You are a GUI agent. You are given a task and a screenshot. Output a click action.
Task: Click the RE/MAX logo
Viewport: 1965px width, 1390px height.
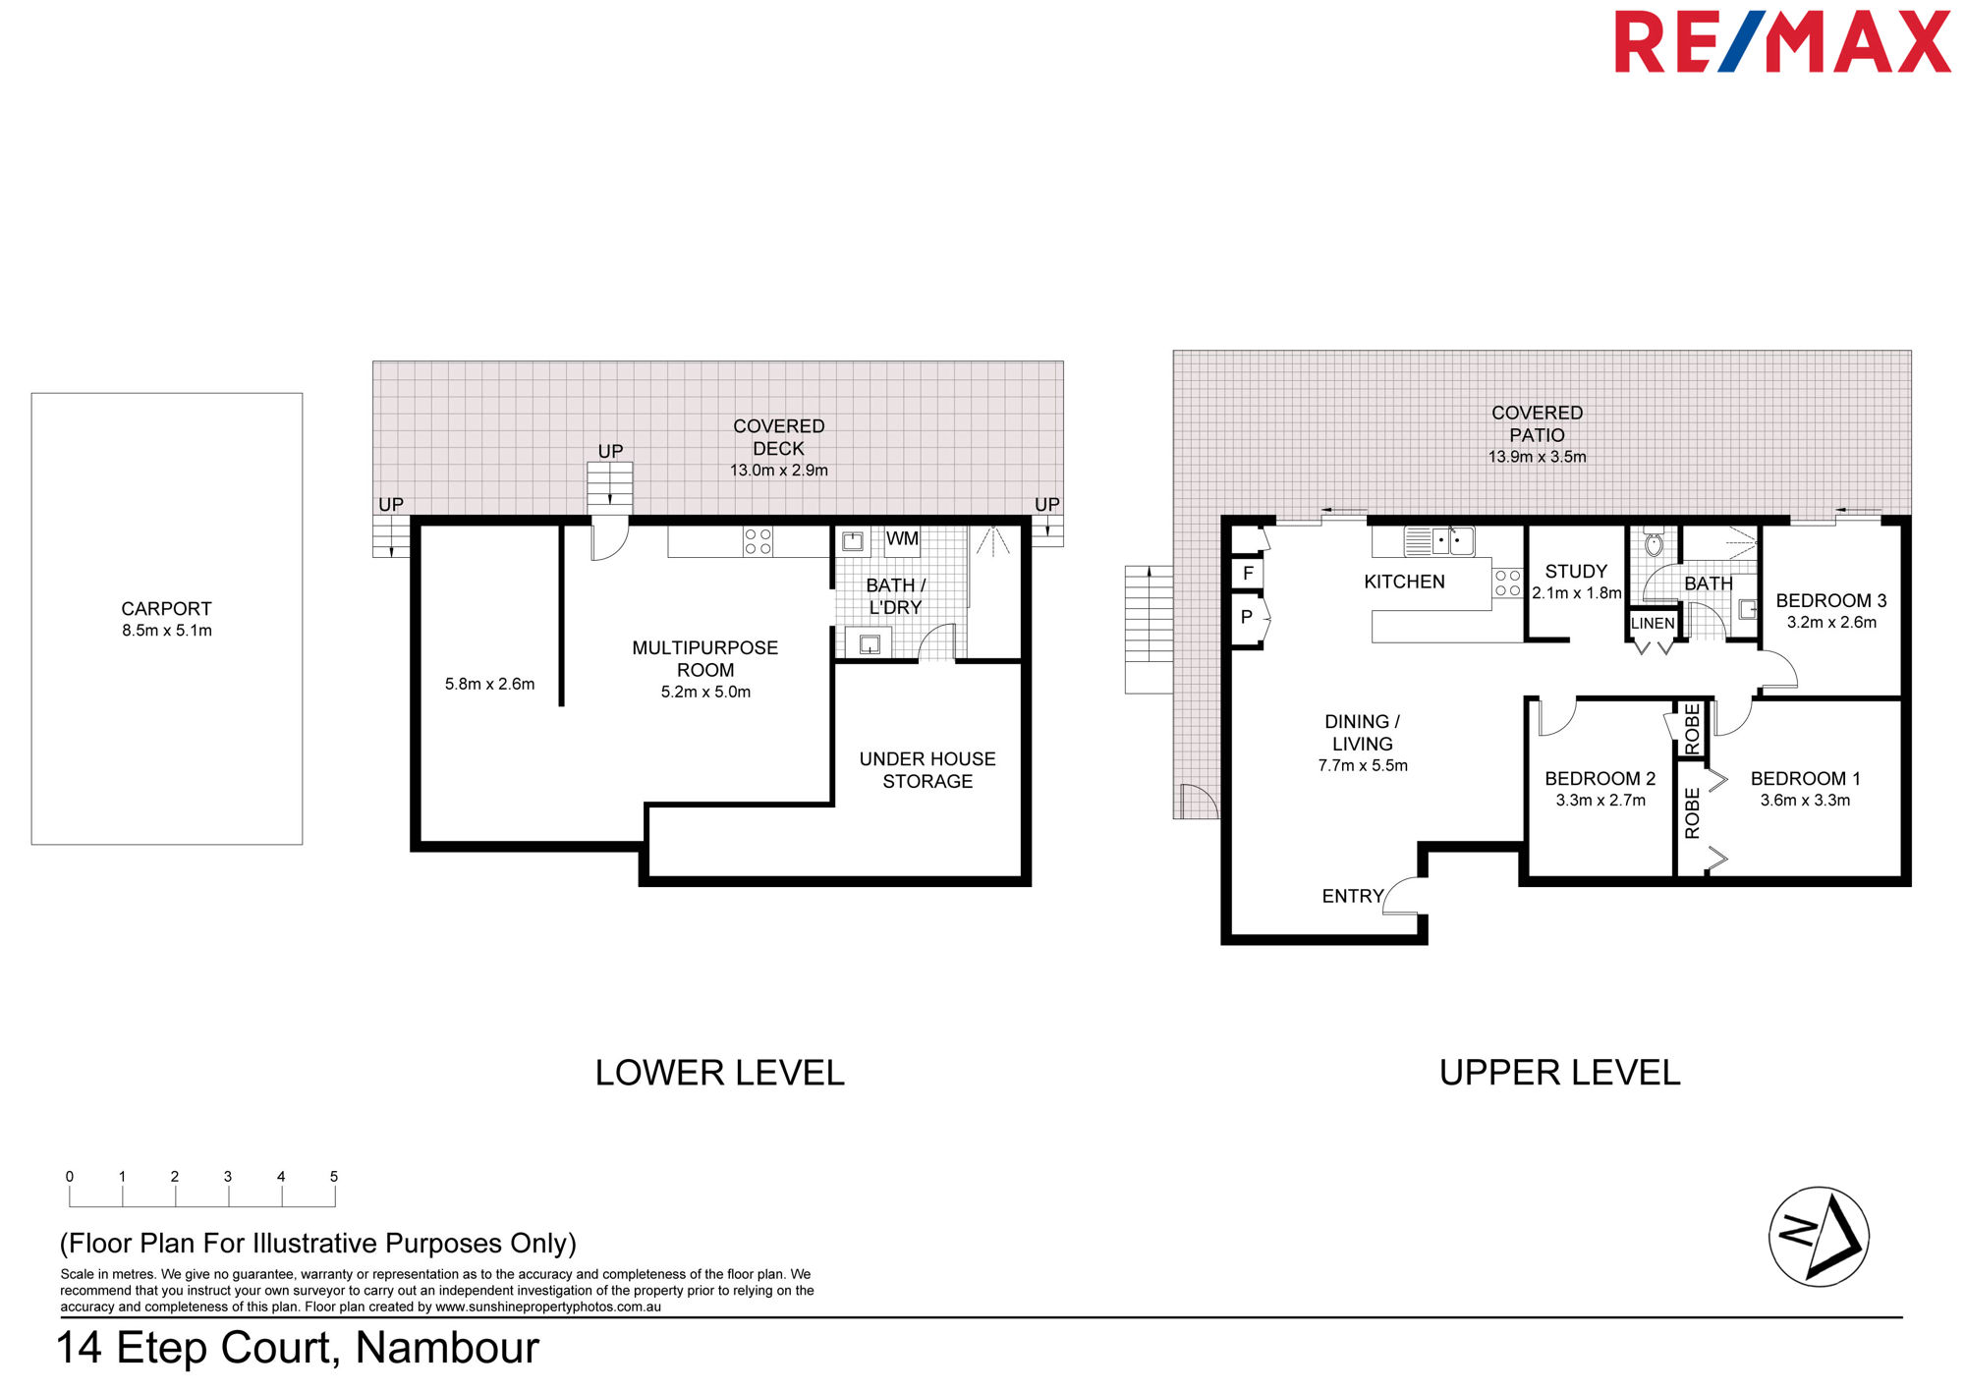coord(1782,41)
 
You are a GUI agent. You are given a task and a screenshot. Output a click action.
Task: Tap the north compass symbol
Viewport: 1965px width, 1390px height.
coord(1819,1237)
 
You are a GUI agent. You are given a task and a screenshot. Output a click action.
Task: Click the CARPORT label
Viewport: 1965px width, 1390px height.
coord(166,609)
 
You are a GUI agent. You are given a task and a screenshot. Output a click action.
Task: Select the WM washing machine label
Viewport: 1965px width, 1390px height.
coord(902,538)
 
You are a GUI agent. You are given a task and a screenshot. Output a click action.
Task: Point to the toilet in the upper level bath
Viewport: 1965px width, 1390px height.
coord(1654,543)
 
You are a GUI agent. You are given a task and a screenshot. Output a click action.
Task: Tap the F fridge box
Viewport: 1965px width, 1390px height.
coord(1248,573)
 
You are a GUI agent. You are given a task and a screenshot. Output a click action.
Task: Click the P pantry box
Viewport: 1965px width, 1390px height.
coord(1247,617)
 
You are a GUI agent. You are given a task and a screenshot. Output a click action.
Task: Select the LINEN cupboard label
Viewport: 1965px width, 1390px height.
coord(1653,623)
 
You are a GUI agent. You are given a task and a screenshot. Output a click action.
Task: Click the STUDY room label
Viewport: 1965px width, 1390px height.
coord(1576,571)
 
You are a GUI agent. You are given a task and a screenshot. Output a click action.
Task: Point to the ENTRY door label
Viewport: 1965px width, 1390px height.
coord(1352,896)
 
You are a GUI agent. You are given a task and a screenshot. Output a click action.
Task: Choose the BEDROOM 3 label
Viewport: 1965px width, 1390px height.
coord(1831,600)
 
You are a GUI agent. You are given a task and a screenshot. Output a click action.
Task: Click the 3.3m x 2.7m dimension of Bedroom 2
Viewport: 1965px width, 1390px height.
coord(1600,801)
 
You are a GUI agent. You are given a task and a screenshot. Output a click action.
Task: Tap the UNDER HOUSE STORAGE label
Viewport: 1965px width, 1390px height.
coord(927,770)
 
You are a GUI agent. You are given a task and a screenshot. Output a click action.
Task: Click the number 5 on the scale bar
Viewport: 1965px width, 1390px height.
coord(334,1176)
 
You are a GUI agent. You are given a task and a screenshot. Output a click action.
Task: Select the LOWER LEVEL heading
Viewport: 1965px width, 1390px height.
coord(719,1073)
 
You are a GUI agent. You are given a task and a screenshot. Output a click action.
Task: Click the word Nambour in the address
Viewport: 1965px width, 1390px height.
coord(447,1348)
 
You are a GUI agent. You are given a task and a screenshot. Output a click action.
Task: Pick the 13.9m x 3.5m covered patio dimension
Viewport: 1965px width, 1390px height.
coord(1537,457)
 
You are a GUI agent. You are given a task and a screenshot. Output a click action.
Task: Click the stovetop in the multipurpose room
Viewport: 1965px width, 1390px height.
coord(758,541)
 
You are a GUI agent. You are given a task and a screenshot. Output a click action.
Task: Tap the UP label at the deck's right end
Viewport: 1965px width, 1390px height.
coord(1047,504)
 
